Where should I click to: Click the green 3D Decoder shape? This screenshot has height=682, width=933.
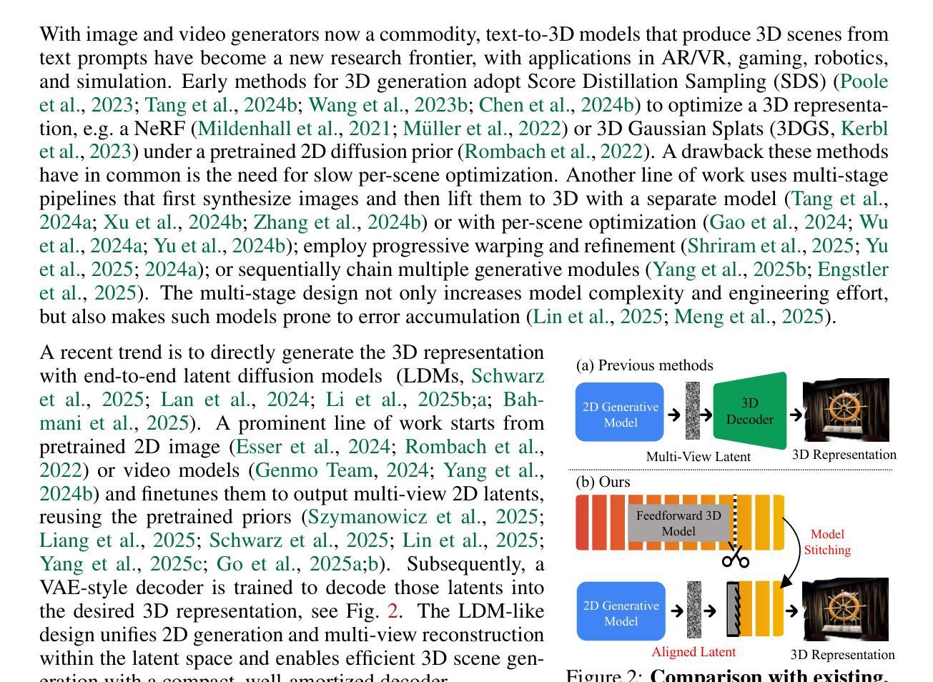[x=749, y=411]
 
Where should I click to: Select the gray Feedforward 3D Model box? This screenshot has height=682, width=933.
[x=678, y=523]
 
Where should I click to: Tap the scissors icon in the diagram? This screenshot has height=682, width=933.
[x=735, y=558]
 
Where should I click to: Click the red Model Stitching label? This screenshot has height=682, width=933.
[x=827, y=542]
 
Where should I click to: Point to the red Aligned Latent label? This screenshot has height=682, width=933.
[x=693, y=652]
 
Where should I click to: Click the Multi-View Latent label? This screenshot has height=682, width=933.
[x=698, y=456]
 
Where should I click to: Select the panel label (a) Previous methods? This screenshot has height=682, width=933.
[x=644, y=365]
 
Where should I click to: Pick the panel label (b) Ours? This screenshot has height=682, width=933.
[x=603, y=482]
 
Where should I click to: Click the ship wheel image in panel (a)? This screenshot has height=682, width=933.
[x=846, y=410]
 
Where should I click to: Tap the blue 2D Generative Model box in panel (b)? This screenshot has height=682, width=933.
[x=620, y=613]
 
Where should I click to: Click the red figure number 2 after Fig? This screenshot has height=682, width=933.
[x=392, y=612]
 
